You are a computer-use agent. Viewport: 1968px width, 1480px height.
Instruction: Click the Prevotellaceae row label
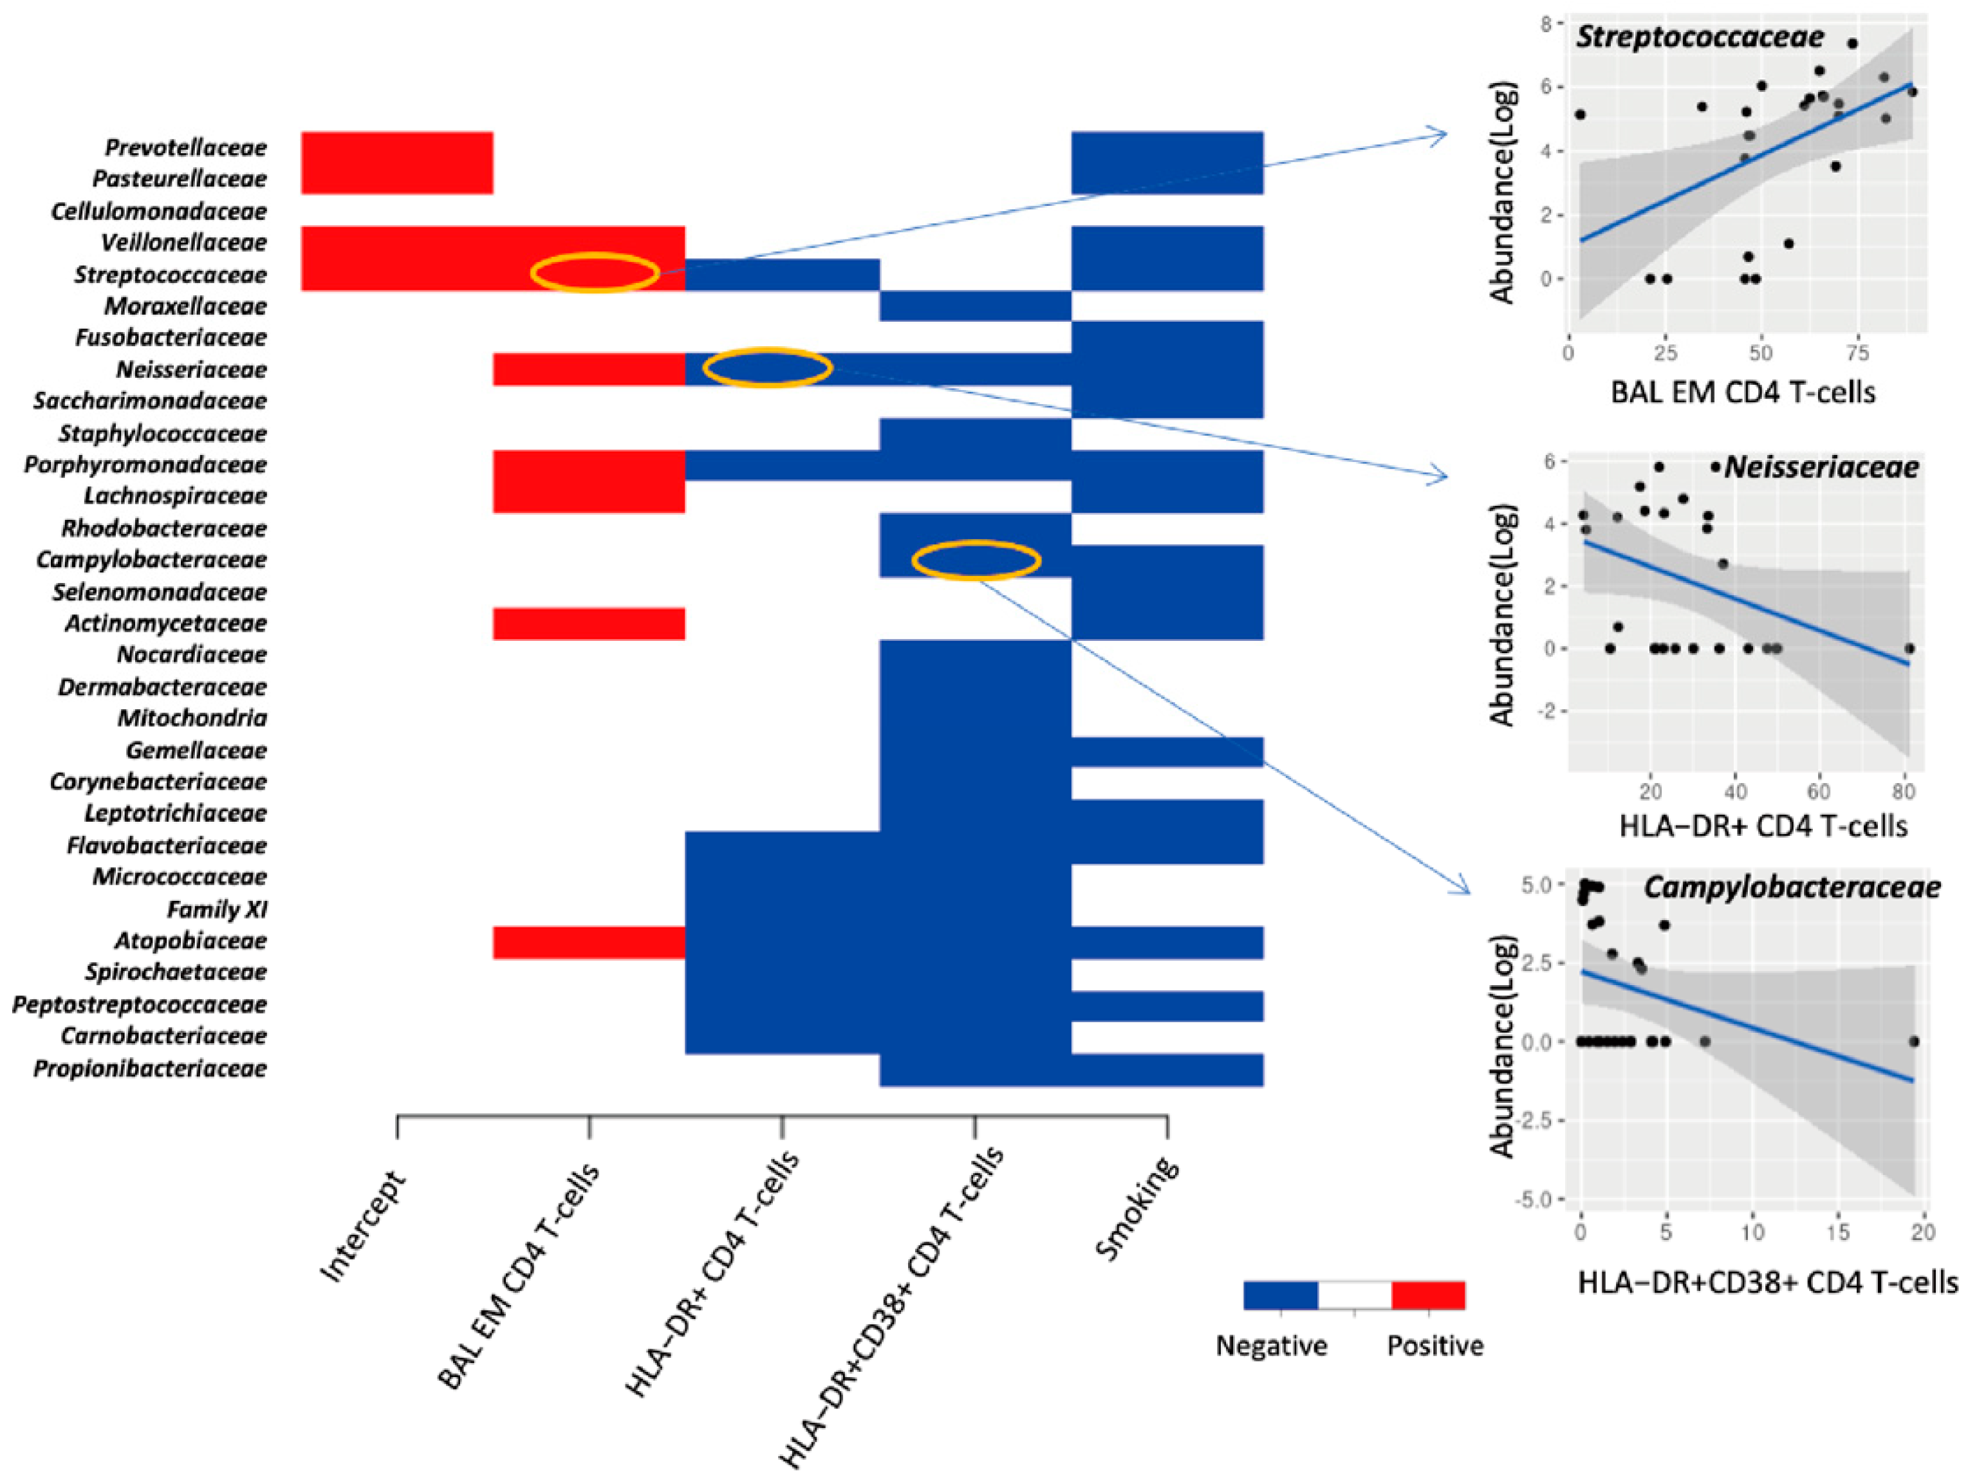[x=186, y=147]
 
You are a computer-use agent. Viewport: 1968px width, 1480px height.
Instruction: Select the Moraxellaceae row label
[x=185, y=306]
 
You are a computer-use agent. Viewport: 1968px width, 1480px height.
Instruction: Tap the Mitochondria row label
[x=192, y=717]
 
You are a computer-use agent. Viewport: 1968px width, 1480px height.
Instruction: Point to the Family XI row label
[x=217, y=909]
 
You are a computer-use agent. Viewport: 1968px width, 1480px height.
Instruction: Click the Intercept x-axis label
[x=362, y=1226]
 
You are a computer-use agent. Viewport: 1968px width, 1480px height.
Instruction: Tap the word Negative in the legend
[x=1272, y=1346]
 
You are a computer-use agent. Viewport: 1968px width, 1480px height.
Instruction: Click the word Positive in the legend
[x=1435, y=1346]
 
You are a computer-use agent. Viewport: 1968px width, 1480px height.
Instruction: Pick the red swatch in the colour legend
[x=1428, y=1295]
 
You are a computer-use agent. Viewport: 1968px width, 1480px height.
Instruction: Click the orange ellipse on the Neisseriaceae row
[x=767, y=367]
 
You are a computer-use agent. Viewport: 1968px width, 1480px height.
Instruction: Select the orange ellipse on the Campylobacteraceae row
[x=976, y=559]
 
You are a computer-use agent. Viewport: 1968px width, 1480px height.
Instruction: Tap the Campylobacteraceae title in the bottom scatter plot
[x=1792, y=887]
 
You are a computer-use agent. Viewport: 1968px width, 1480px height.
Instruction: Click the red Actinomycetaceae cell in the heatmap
[x=589, y=624]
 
